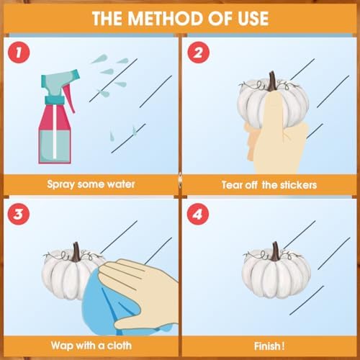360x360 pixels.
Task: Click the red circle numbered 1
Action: pos(19,53)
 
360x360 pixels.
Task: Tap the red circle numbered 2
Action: pos(198,53)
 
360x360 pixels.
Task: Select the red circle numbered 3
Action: pos(19,214)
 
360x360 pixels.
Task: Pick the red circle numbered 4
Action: pos(198,214)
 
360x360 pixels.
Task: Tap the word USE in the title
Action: pos(253,19)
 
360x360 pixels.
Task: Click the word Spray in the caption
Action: pos(61,184)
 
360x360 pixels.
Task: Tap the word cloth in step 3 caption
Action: pos(120,346)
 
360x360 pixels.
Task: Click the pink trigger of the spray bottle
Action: pos(69,99)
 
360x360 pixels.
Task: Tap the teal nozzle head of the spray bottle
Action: pos(60,79)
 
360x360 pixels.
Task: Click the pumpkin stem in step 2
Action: pos(272,81)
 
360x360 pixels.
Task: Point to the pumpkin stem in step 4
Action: pos(275,251)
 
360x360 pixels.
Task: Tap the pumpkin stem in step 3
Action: pos(76,251)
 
